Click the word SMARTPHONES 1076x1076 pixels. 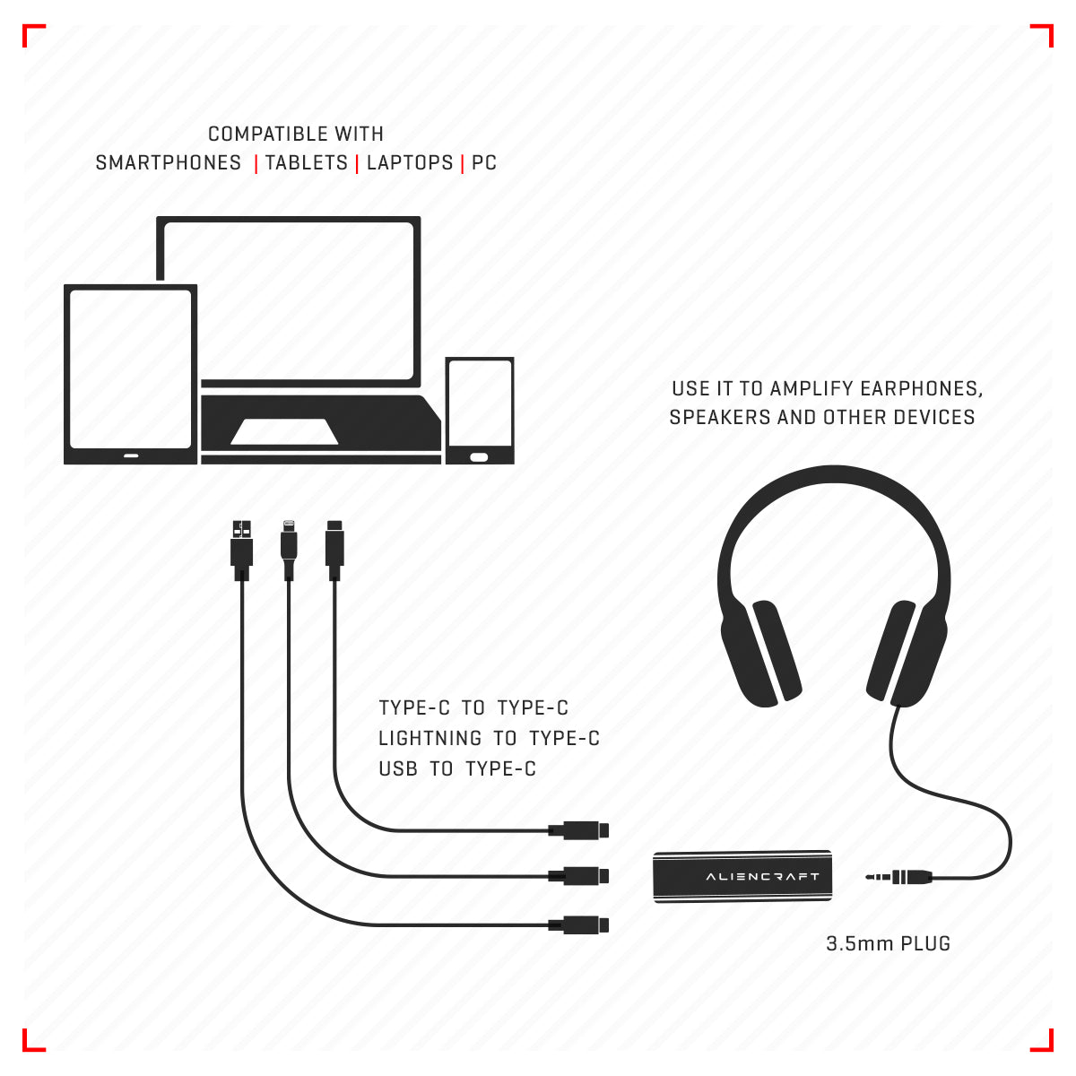[168, 162]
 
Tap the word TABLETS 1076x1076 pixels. [307, 162]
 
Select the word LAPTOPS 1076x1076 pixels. [410, 162]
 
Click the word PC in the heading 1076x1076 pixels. [484, 162]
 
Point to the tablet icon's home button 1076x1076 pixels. [131, 456]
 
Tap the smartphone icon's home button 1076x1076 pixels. [479, 457]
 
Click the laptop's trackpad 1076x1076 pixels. [284, 431]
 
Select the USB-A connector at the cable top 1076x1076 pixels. [242, 550]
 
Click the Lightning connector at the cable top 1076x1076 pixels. [289, 550]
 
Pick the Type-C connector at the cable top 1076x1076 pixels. [334, 550]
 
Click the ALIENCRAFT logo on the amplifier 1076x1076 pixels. [763, 876]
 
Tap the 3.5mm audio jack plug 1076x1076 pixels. [898, 877]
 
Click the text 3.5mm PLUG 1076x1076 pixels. [888, 943]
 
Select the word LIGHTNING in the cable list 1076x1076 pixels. [430, 738]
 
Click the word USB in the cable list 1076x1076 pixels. [398, 768]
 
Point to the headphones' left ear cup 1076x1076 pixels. [759, 654]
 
